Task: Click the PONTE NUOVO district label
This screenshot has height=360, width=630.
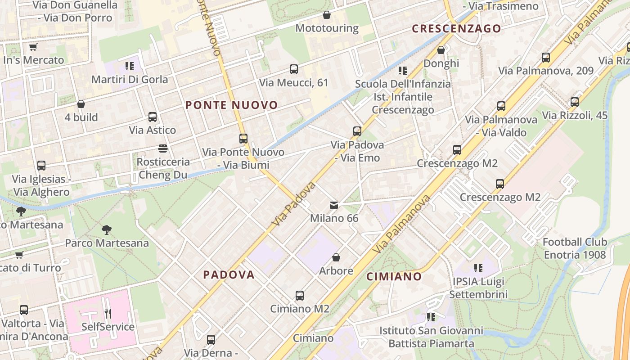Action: [x=232, y=105]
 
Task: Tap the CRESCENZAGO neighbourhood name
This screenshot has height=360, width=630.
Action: [x=456, y=29]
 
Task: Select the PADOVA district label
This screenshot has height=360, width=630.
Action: [x=229, y=274]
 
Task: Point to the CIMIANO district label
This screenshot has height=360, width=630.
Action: [x=394, y=276]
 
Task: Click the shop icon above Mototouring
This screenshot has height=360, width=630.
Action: [x=327, y=15]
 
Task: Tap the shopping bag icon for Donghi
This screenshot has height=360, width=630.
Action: [x=441, y=50]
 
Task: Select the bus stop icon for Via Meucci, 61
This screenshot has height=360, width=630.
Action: [x=294, y=69]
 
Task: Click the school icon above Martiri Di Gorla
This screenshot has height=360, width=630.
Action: [x=130, y=67]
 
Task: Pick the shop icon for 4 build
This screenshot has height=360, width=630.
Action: [x=81, y=104]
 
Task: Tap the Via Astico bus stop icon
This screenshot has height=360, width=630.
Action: [x=153, y=117]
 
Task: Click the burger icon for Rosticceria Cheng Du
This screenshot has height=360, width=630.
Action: [x=163, y=148]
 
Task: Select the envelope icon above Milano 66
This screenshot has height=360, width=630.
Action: [x=334, y=205]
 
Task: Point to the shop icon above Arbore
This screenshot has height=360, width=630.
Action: [x=336, y=258]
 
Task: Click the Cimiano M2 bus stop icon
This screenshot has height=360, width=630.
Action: [x=300, y=296]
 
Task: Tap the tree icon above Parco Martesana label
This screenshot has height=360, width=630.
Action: [x=107, y=230]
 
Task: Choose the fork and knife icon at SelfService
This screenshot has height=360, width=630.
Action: [x=108, y=313]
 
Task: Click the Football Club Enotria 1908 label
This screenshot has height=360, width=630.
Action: [x=575, y=248]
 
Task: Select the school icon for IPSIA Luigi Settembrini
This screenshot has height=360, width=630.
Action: [x=478, y=269]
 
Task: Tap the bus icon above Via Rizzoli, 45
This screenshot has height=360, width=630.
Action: [x=575, y=102]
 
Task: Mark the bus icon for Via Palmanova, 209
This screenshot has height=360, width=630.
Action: [x=546, y=58]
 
